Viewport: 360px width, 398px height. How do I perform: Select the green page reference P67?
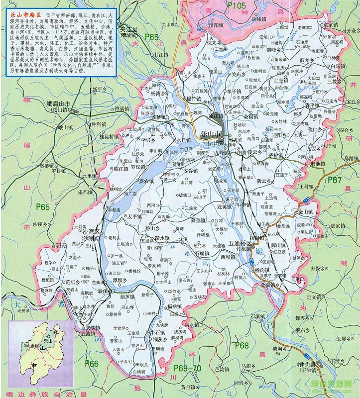[x=334, y=180]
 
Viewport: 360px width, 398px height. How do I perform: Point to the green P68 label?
[x=241, y=345]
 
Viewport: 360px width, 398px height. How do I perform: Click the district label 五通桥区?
[x=241, y=243]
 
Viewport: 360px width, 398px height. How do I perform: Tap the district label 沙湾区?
[x=92, y=232]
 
